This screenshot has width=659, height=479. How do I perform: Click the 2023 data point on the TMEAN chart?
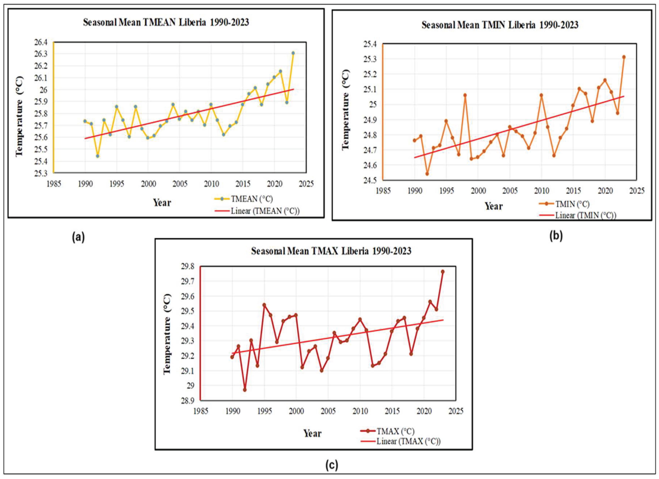(293, 53)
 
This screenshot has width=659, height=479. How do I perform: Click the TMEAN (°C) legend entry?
(251, 199)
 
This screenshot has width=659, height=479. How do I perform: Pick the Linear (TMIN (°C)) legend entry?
(585, 215)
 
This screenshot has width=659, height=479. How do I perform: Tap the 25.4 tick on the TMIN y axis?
(370, 44)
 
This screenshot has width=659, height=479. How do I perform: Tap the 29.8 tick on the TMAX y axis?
(187, 267)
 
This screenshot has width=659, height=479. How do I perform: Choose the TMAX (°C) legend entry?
(395, 431)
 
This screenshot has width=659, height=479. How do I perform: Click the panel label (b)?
(556, 236)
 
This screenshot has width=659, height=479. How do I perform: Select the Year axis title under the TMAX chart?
(312, 433)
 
